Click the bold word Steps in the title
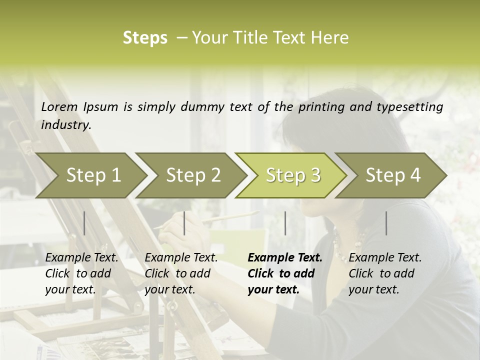145,38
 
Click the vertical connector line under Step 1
84,223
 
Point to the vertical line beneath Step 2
184,223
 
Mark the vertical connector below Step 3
285,223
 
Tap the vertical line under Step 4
386,223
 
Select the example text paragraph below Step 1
81,273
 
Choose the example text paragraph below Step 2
181,273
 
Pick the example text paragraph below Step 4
385,273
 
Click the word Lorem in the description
59,106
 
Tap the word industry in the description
66,125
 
